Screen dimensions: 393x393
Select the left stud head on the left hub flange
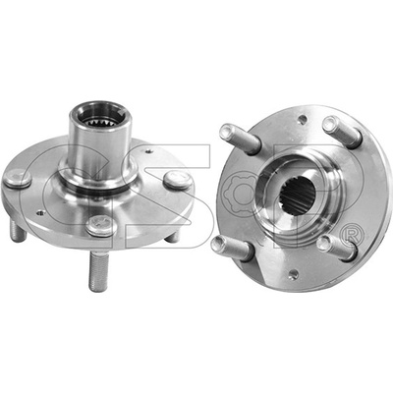(18, 179)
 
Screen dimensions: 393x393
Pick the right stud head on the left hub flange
(177, 180)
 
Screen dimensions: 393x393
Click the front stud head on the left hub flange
(100, 225)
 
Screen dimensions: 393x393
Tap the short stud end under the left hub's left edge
(18, 231)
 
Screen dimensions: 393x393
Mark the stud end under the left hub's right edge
(172, 236)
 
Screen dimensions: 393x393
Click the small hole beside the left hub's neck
(149, 151)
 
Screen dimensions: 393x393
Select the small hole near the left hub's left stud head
(40, 213)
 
